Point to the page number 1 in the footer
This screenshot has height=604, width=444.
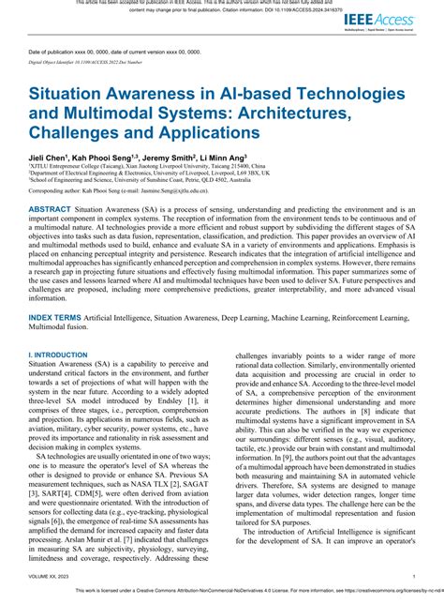[x=413, y=577]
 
